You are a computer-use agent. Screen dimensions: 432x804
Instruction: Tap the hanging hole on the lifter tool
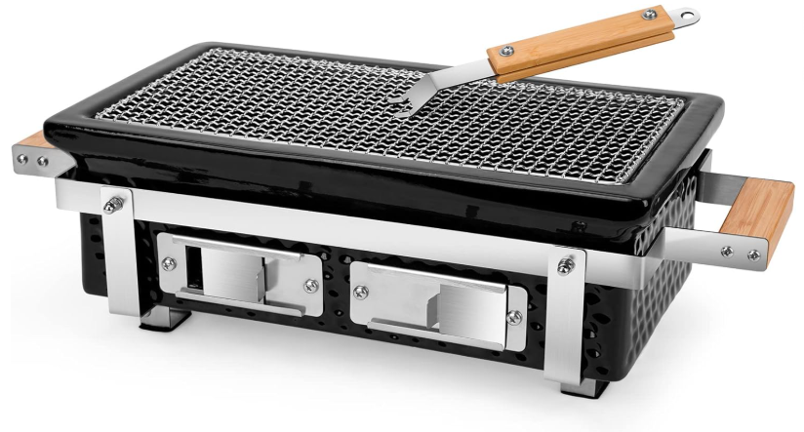pos(689,16)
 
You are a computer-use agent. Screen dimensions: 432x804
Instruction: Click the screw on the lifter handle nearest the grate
pos(505,49)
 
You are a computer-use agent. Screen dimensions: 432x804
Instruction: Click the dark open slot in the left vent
pos(192,267)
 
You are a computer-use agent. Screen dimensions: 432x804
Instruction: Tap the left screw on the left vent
pos(171,261)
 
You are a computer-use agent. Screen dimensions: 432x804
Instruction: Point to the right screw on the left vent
pos(310,285)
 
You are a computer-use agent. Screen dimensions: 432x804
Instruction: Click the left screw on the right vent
pos(362,289)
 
